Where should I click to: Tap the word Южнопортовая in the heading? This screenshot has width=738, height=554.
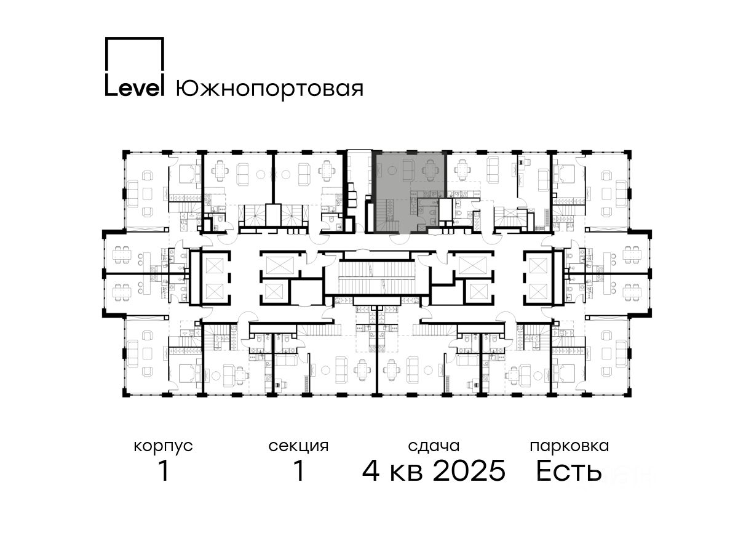269,89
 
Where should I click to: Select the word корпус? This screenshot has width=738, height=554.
163,447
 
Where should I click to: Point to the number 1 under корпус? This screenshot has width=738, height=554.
164,472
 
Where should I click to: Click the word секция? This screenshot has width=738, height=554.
298,447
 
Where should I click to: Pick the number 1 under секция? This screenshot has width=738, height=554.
299,472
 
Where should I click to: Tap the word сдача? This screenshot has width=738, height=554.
434,447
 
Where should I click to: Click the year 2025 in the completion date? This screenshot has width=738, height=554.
469,471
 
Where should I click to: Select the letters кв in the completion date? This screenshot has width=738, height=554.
406,473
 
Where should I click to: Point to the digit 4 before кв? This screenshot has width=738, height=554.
371,472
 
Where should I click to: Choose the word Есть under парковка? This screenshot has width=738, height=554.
568,472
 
